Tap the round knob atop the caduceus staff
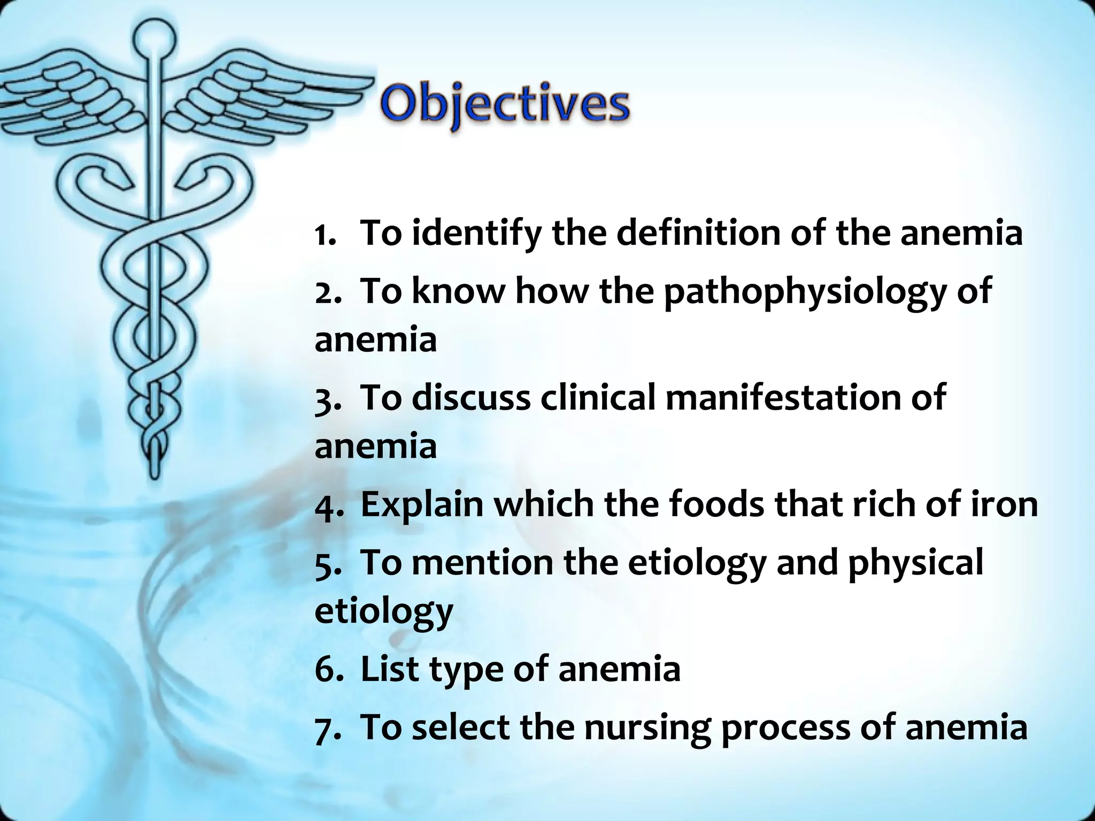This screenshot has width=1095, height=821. click(154, 38)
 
